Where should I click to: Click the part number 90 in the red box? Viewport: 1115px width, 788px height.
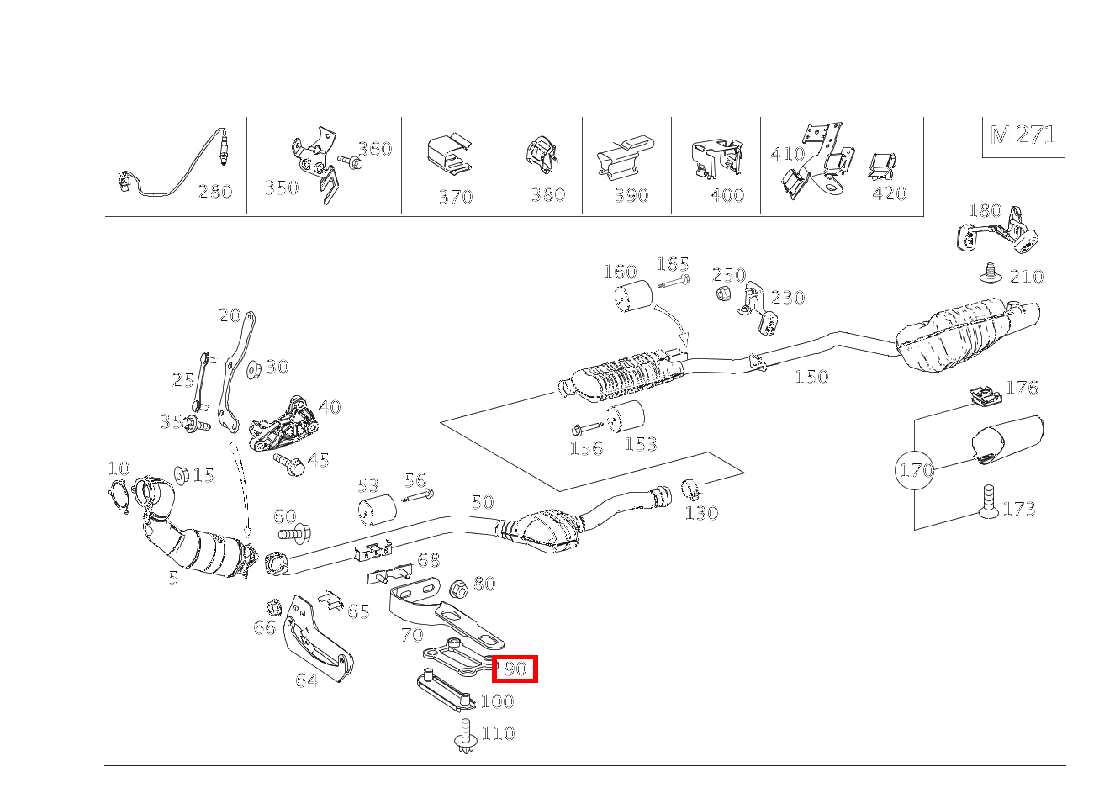pos(514,669)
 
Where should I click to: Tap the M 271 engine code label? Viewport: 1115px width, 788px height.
pos(1023,135)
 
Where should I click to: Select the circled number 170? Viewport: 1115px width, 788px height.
pos(916,469)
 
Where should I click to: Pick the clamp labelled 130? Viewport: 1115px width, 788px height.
pos(691,488)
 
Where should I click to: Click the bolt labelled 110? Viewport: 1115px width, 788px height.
pos(466,734)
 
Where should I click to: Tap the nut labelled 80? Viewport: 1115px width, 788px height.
pos(459,587)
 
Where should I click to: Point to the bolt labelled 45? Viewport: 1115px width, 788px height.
pos(288,463)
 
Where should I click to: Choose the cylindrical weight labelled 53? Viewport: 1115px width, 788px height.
pos(377,510)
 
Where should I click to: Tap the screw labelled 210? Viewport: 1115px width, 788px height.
pos(992,273)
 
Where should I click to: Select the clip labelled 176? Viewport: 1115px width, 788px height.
pos(980,395)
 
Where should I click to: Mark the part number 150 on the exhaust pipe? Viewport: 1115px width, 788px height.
pos(811,377)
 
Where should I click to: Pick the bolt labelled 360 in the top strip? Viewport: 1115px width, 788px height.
pos(349,161)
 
